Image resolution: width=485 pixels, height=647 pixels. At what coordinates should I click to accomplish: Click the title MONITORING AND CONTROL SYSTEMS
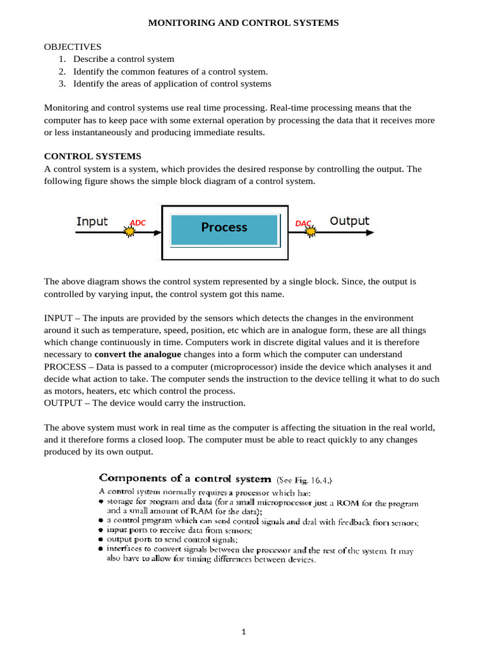[243, 23]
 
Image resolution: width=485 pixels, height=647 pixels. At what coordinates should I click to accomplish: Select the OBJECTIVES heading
[73, 47]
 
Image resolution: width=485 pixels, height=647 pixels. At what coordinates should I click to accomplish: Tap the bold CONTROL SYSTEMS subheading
[92, 156]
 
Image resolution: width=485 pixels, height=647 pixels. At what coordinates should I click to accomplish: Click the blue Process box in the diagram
[224, 227]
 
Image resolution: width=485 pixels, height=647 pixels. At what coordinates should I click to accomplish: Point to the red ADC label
[138, 222]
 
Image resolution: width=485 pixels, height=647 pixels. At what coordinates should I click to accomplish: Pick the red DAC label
[303, 223]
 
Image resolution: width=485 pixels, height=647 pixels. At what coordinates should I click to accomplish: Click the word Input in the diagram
[92, 221]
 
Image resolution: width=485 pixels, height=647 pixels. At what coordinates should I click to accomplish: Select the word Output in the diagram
[349, 221]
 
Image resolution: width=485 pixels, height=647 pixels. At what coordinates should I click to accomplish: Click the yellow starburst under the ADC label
[129, 232]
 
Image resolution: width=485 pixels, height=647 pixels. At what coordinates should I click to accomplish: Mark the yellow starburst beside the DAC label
[310, 232]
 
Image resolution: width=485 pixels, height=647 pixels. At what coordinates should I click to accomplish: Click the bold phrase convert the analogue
[138, 354]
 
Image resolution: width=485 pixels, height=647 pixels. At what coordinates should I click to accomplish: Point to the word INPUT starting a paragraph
[58, 318]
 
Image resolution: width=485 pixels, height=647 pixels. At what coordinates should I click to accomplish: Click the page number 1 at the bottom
[242, 631]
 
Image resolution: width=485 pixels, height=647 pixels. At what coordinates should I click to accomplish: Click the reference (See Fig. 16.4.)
[305, 480]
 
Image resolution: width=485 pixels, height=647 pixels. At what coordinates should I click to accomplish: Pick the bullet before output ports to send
[101, 540]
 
